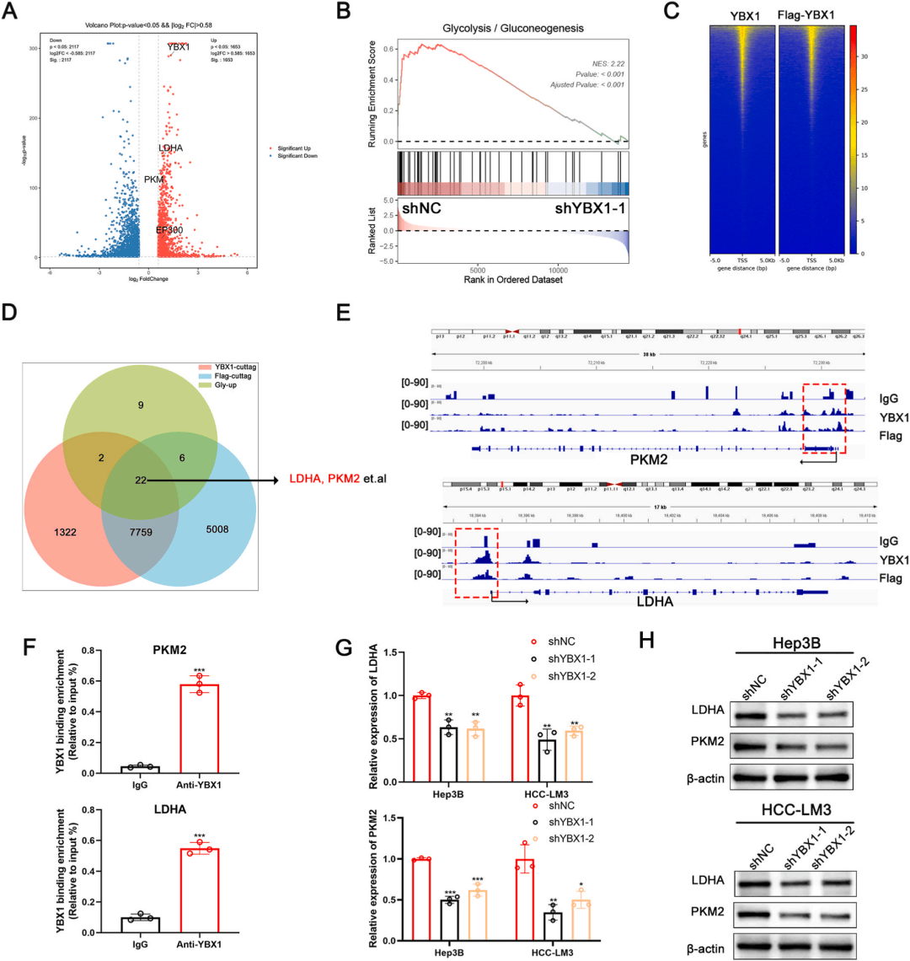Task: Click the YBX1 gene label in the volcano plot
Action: pos(179,47)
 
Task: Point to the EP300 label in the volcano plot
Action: pos(169,230)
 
